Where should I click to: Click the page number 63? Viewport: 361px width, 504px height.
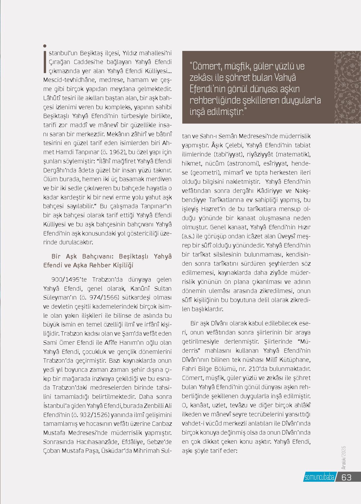[347, 477]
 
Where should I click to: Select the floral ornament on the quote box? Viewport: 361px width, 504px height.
[348, 87]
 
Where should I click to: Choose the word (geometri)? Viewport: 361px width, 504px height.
[204, 173]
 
